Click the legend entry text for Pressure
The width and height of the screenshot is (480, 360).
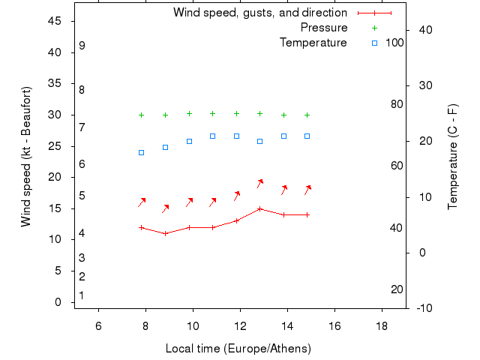324,28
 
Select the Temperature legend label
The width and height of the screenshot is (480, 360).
313,43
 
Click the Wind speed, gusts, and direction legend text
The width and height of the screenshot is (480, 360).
260,13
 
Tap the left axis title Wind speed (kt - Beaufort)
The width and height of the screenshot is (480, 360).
26,157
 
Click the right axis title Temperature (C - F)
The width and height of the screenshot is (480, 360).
453,157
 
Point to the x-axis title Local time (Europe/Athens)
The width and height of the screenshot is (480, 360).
238,349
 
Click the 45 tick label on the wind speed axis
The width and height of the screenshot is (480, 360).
55,21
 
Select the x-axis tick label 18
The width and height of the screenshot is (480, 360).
382,325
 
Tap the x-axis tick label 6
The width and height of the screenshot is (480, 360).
98,325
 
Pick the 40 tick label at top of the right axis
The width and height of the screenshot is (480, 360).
425,30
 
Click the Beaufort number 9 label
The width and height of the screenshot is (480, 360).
82,46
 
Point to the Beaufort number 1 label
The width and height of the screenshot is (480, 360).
82,295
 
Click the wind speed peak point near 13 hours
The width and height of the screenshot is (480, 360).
259,208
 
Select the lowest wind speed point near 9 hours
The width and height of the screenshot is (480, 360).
166,233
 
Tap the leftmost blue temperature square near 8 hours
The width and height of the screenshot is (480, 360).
141,152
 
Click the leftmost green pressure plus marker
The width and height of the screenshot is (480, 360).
141,115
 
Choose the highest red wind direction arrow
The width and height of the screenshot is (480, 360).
260,182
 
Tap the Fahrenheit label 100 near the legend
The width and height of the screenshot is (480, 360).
394,43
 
